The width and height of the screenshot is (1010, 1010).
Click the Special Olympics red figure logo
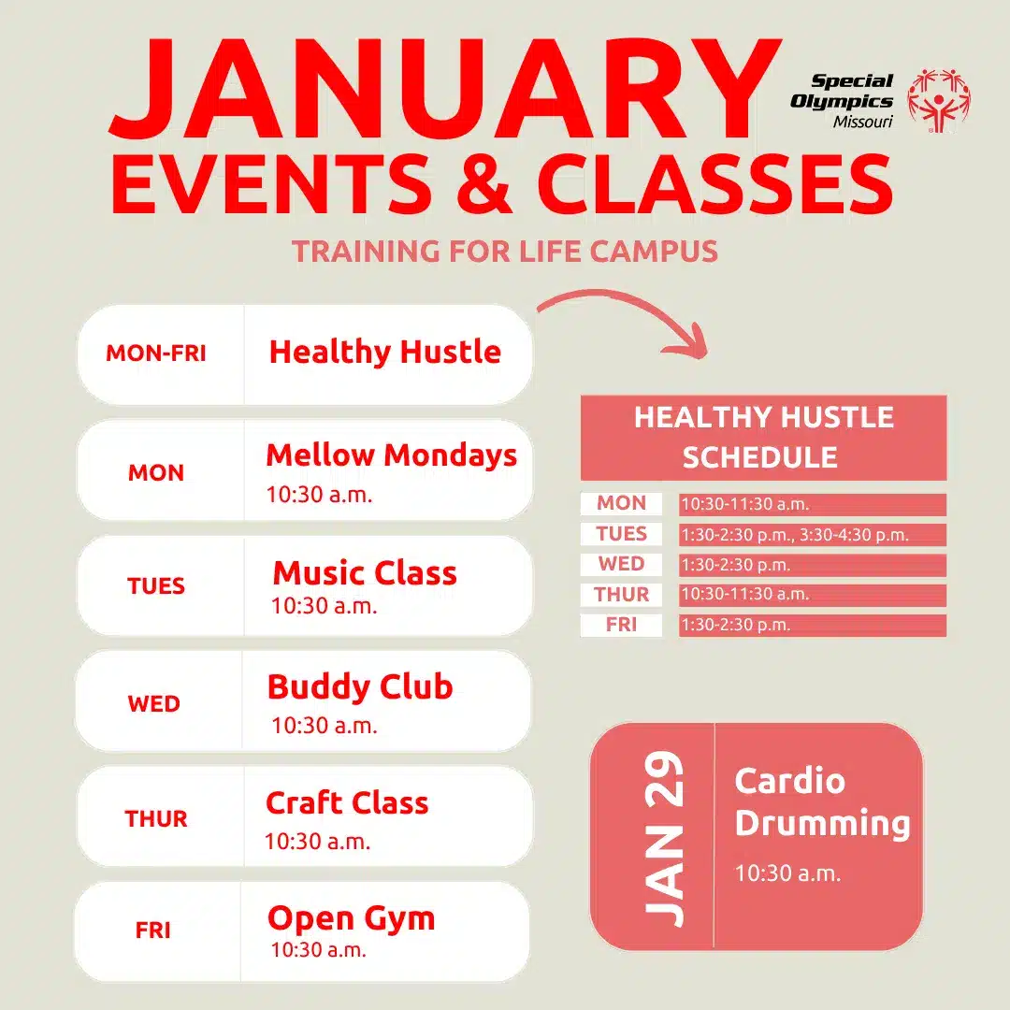939,100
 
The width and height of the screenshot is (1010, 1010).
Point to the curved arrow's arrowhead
688,340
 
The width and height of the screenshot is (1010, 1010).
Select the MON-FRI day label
156,353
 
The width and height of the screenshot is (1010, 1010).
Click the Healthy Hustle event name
385,352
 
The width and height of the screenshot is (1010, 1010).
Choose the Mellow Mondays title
392,455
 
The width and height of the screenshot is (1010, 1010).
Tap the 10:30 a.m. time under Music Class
324,606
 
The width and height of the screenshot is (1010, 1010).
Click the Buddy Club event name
360,686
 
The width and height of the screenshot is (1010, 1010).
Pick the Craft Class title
347,802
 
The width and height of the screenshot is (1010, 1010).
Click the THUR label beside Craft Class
156,818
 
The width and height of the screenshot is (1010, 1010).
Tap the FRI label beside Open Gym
153,931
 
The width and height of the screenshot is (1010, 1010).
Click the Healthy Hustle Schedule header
763,438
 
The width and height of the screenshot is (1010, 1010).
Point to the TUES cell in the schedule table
621,534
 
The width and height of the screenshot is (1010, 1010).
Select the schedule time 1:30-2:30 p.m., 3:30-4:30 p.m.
795,535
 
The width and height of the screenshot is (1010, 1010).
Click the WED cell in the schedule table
621,564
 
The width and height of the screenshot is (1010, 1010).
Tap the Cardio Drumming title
823,803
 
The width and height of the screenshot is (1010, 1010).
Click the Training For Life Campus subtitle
505,252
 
